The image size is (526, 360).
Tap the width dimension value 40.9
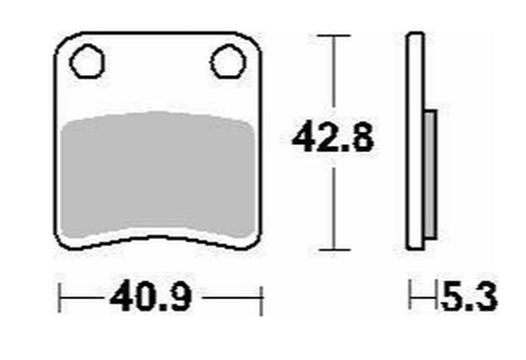tap(151, 296)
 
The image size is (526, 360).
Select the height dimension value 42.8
tap(333, 137)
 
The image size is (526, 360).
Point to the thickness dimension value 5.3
tap(469, 296)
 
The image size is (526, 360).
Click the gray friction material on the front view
tap(158, 175)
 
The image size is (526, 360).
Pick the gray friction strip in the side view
tap(430, 175)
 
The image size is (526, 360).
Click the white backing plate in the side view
tap(414, 141)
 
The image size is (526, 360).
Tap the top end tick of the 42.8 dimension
tap(334, 36)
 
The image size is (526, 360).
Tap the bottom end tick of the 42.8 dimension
tap(335, 250)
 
